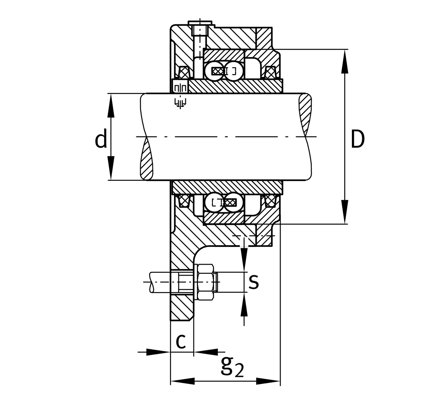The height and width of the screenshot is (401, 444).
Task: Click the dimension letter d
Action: click(x=101, y=138)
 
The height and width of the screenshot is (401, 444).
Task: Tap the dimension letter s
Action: click(x=253, y=282)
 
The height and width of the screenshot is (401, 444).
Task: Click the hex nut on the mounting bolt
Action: click(x=206, y=282)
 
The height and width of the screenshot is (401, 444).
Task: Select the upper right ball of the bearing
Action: click(x=234, y=71)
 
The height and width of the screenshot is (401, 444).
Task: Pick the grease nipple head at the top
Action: click(x=200, y=23)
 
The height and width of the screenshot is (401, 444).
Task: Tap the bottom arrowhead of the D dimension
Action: click(x=345, y=212)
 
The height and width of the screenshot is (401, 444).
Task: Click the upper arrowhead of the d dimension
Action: click(x=111, y=105)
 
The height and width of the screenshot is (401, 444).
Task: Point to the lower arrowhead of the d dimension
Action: click(x=111, y=168)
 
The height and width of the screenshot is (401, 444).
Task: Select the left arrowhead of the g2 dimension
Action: click(x=183, y=381)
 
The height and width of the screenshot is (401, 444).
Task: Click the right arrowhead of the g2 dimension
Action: click(x=268, y=381)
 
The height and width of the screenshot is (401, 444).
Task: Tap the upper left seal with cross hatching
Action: click(x=184, y=72)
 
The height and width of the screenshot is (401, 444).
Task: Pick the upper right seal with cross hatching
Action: click(x=270, y=72)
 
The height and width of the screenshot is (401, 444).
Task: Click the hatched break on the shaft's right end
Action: click(x=305, y=115)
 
